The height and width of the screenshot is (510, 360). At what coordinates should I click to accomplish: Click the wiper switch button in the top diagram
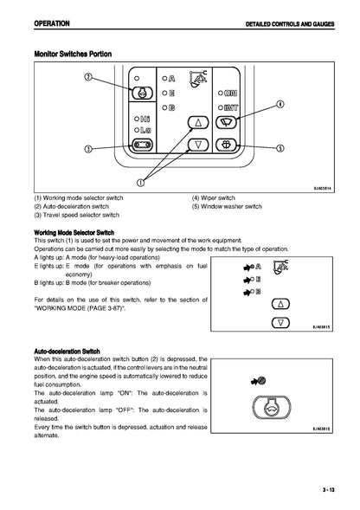[227, 122]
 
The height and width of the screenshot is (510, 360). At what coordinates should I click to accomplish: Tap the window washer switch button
[227, 144]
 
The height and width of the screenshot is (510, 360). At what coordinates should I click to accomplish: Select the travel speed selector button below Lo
[142, 144]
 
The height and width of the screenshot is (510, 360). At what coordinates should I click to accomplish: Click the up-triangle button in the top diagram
[198, 122]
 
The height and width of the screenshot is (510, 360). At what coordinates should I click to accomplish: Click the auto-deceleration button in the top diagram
[142, 93]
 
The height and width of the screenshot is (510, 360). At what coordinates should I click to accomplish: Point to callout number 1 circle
[140, 183]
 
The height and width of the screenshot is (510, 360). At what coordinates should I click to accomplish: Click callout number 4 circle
[280, 104]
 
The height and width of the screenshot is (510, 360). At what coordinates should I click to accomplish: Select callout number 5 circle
[280, 148]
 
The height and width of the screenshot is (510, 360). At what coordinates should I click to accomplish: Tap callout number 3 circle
[88, 149]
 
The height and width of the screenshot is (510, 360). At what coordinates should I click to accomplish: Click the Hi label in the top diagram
[145, 119]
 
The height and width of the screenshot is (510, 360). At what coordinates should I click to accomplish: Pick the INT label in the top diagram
[231, 107]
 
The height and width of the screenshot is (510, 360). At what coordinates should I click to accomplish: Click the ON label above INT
[230, 93]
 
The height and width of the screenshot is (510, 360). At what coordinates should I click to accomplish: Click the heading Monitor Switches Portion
[73, 54]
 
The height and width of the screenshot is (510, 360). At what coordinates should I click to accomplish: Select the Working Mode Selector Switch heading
[74, 233]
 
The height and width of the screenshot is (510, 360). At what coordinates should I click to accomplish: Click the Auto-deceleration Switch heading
[67, 352]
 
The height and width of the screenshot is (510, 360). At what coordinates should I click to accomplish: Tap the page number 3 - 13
[329, 489]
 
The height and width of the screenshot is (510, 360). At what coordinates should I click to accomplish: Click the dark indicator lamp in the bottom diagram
[261, 380]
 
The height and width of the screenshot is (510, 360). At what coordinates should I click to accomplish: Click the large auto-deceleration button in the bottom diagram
[272, 408]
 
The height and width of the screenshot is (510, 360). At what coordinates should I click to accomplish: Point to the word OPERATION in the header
[52, 23]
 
